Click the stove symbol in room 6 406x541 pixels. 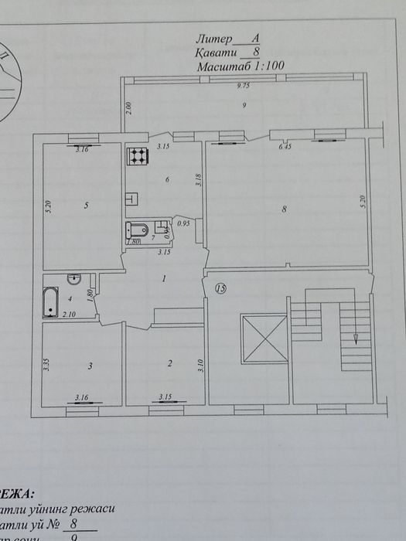(137, 157)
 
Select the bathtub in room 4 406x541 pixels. (50, 301)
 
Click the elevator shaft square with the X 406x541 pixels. (264, 338)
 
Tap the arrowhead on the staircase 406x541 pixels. (355, 339)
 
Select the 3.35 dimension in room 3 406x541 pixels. (46, 366)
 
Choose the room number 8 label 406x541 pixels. (284, 209)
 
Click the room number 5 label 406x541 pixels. (86, 206)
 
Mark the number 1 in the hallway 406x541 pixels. (164, 279)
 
